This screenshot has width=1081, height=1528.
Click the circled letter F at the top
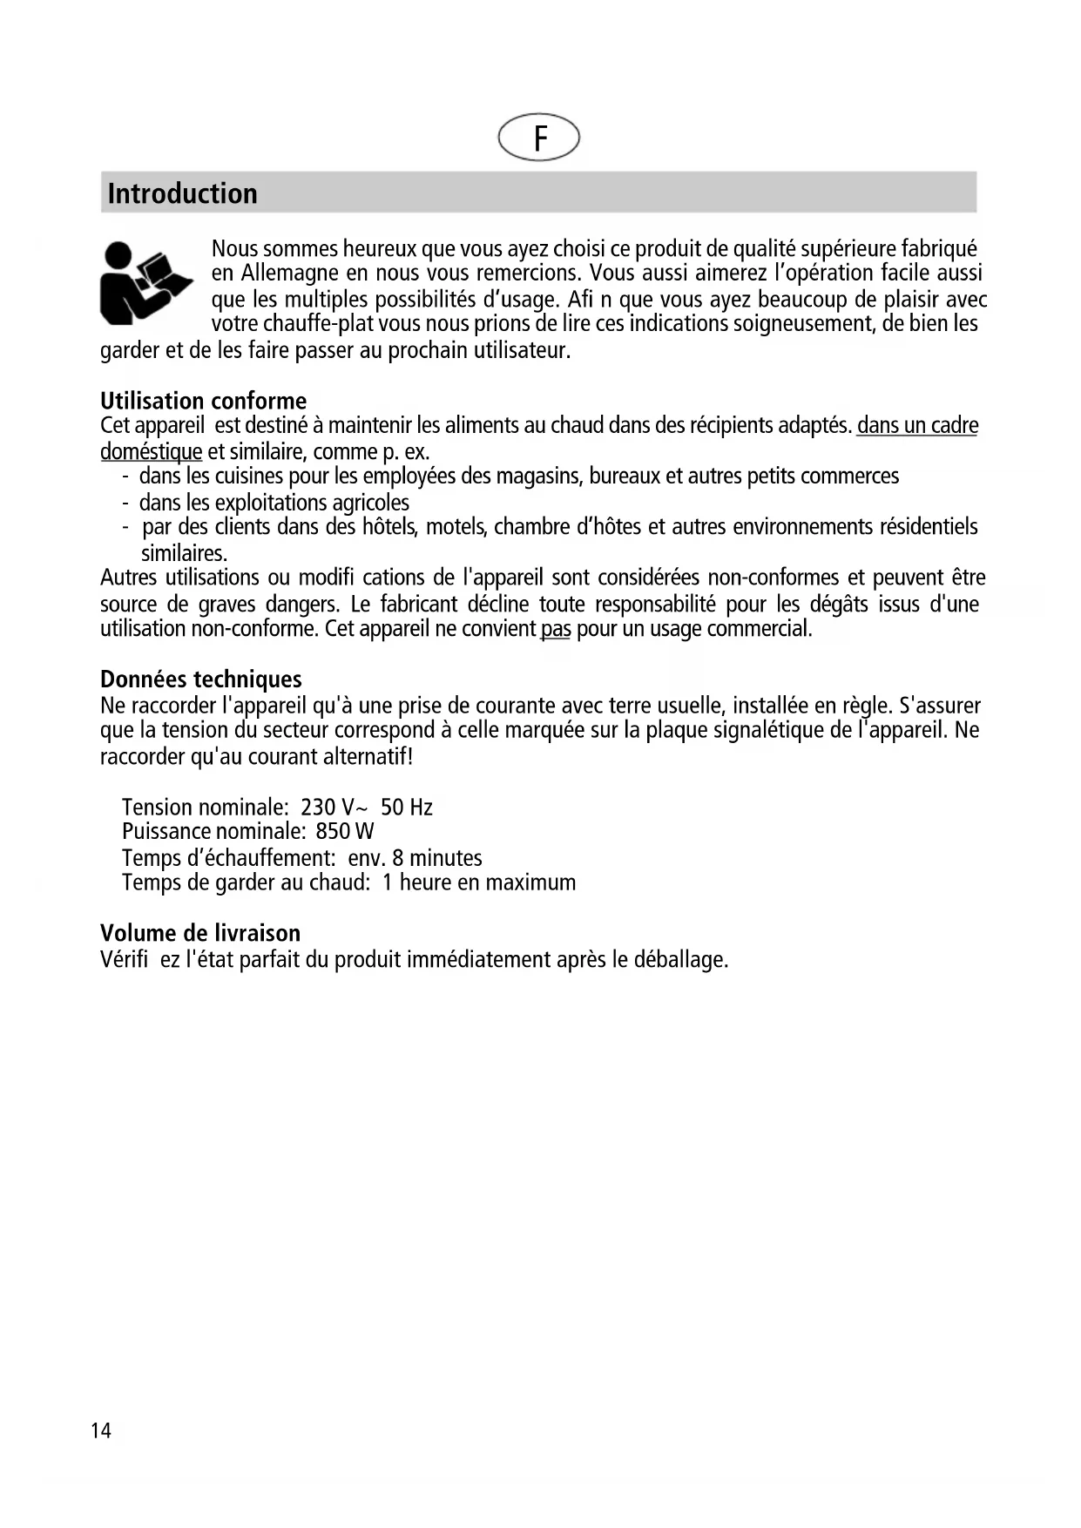538,138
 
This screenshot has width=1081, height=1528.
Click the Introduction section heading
182,193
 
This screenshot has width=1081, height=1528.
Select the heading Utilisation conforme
203,401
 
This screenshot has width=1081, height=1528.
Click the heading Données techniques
200,679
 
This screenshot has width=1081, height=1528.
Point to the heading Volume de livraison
199,933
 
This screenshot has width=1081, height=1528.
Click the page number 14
101,1430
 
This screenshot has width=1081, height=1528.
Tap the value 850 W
345,832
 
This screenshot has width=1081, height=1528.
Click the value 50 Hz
407,808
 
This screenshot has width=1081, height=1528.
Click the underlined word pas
555,629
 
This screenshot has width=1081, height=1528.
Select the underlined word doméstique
151,452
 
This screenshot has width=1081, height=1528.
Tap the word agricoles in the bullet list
371,503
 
